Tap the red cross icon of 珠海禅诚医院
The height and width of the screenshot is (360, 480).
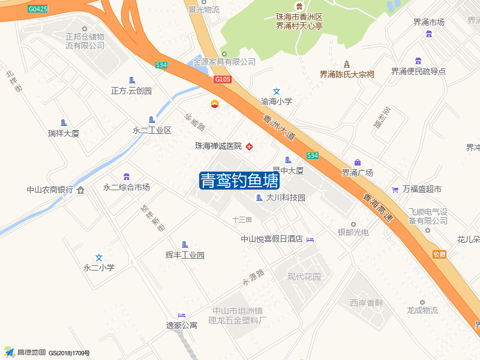(249, 146)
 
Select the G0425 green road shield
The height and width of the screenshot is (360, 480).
(37, 10)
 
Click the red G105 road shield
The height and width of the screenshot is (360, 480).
(222, 79)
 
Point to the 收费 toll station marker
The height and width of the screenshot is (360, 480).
(439, 254)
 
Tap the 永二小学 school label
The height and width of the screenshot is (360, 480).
(99, 268)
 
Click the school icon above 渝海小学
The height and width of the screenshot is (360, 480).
(277, 91)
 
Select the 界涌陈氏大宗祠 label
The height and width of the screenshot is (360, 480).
(347, 74)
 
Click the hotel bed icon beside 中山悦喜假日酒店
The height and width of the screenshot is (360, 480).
(310, 239)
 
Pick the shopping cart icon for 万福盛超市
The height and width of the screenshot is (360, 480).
(395, 190)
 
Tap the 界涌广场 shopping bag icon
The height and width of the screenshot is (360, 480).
(358, 163)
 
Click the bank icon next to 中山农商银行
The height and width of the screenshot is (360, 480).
(81, 190)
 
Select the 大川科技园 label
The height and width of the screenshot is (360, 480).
(286, 197)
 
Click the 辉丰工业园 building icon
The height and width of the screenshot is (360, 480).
(185, 245)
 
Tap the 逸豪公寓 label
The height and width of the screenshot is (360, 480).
(182, 325)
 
